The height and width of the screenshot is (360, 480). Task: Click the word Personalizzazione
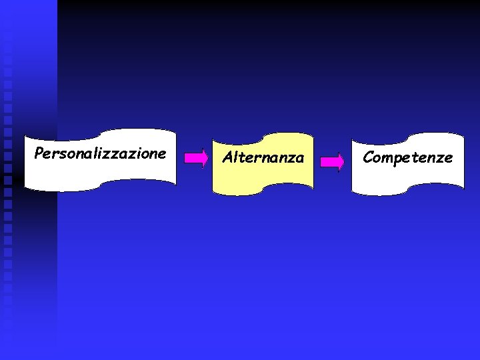click(100, 154)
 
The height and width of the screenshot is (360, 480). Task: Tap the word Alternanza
click(263, 158)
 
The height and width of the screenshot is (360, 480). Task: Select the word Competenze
click(407, 158)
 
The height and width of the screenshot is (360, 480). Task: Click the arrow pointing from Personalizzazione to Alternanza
click(196, 158)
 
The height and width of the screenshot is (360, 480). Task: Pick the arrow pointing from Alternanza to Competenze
click(332, 162)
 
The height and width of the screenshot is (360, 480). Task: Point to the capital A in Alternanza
click(227, 158)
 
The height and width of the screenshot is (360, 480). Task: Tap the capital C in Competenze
click(368, 158)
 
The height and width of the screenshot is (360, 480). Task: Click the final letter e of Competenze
click(448, 159)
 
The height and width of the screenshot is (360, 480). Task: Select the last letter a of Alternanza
click(299, 159)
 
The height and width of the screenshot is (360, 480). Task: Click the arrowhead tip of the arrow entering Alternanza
click(207, 158)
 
